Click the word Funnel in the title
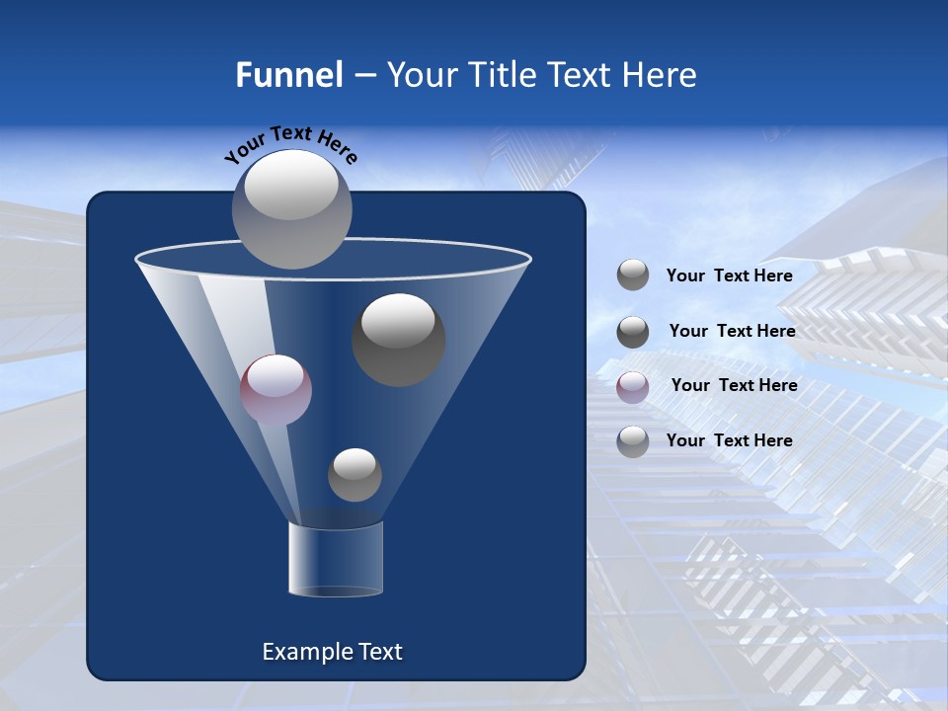tap(288, 75)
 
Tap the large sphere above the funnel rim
tap(292, 208)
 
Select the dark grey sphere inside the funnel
tap(398, 339)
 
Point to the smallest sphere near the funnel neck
tap(355, 475)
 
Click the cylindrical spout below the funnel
tap(335, 560)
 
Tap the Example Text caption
tap(332, 652)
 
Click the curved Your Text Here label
tap(290, 144)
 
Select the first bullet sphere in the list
tap(633, 276)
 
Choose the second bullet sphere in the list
tap(633, 332)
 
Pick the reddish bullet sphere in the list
tap(633, 386)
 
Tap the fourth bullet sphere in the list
tap(633, 441)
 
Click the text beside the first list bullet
tap(729, 276)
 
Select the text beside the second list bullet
tap(732, 332)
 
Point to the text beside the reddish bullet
tap(734, 386)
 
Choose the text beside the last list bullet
tap(729, 440)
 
